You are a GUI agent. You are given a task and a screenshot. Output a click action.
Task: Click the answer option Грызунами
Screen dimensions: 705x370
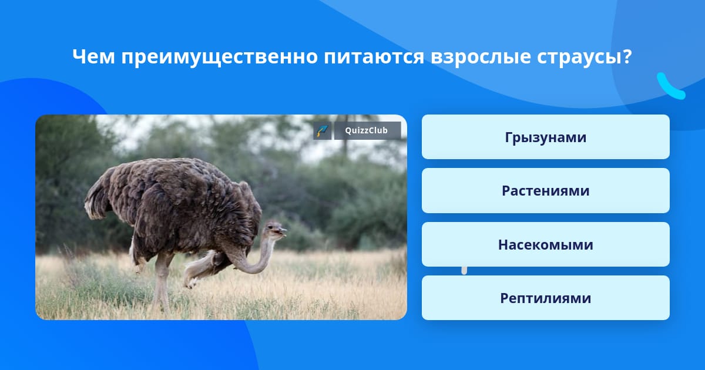tap(545, 137)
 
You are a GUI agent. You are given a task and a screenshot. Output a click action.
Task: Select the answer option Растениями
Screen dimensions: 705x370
tap(545, 191)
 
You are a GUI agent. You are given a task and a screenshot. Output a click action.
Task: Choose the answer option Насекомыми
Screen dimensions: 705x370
tap(545, 244)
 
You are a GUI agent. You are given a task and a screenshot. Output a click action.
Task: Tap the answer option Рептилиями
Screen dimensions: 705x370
tap(545, 298)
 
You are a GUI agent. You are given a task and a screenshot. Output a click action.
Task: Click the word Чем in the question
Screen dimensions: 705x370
tap(93, 56)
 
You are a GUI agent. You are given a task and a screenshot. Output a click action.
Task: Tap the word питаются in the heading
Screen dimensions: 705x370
tap(374, 58)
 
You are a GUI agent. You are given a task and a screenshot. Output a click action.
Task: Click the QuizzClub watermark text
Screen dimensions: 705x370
tap(367, 130)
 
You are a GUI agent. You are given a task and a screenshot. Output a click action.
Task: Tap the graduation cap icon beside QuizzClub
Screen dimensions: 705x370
tap(323, 130)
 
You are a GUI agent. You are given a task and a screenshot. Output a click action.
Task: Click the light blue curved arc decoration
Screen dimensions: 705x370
tap(670, 87)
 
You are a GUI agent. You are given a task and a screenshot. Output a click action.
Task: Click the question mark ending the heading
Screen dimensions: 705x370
tap(627, 56)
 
